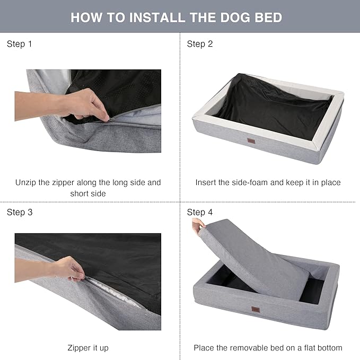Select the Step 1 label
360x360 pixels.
pyautogui.click(x=20, y=44)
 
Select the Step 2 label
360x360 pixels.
pyautogui.click(x=200, y=44)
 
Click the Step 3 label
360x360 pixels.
pyautogui.click(x=20, y=212)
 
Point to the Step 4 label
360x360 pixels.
pyautogui.click(x=200, y=212)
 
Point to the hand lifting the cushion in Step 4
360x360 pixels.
pyautogui.click(x=197, y=226)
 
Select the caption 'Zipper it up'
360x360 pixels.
pyautogui.click(x=88, y=348)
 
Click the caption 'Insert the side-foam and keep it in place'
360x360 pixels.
pyautogui.click(x=268, y=182)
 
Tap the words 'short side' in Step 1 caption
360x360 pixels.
pyautogui.click(x=88, y=194)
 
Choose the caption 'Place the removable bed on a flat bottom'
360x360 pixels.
pyautogui.click(x=268, y=348)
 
